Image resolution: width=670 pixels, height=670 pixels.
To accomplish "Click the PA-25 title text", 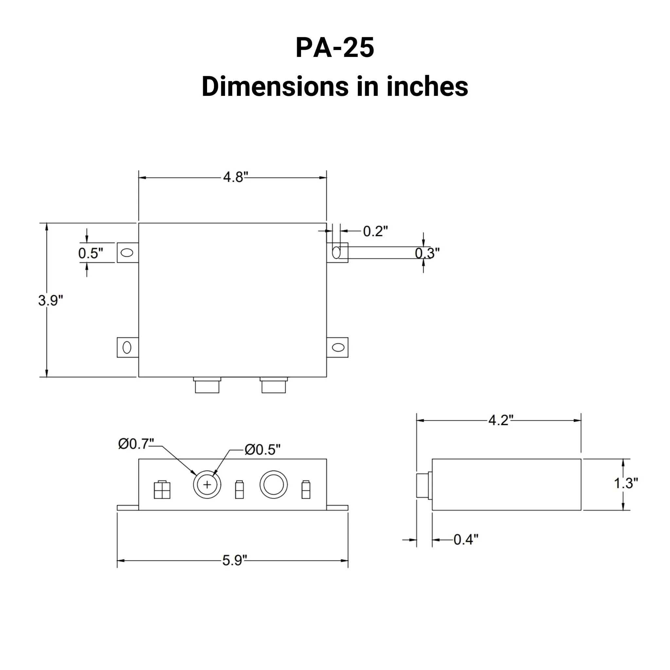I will pyautogui.click(x=335, y=47).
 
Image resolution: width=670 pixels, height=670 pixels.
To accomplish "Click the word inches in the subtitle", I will pyautogui.click(x=427, y=87).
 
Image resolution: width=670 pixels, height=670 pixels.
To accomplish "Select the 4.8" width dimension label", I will pyautogui.click(x=236, y=177).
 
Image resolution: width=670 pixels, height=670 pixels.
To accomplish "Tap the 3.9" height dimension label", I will pyautogui.click(x=51, y=300).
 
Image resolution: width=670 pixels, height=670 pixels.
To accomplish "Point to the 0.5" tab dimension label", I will pyautogui.click(x=91, y=253).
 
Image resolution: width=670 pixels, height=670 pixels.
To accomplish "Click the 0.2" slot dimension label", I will pyautogui.click(x=375, y=231).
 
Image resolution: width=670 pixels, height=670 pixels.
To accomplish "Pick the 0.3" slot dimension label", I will pyautogui.click(x=427, y=253).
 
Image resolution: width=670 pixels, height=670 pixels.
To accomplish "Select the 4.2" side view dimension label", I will pyautogui.click(x=501, y=420).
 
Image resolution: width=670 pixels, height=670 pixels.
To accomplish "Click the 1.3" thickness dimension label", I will pyautogui.click(x=626, y=483).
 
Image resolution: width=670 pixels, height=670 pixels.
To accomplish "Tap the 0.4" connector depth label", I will pyautogui.click(x=466, y=539).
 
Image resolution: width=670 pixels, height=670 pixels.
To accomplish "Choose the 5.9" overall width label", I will pyautogui.click(x=235, y=560).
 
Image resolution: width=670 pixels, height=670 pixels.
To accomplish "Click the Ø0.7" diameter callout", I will pyautogui.click(x=136, y=444).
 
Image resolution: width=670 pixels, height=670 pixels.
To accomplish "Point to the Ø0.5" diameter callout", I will pyautogui.click(x=262, y=450).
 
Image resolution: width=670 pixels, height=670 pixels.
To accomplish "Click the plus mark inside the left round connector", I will pyautogui.click(x=207, y=485).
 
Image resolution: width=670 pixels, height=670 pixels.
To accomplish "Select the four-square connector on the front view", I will pyautogui.click(x=162, y=490).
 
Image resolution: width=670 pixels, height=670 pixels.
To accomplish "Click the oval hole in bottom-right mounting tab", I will pyautogui.click(x=338, y=347).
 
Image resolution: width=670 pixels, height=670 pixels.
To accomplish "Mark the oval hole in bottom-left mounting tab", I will pyautogui.click(x=127, y=347).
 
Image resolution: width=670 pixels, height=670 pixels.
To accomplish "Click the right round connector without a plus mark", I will pyautogui.click(x=273, y=485).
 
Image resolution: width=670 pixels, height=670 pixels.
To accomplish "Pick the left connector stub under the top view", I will pyautogui.click(x=207, y=386).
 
